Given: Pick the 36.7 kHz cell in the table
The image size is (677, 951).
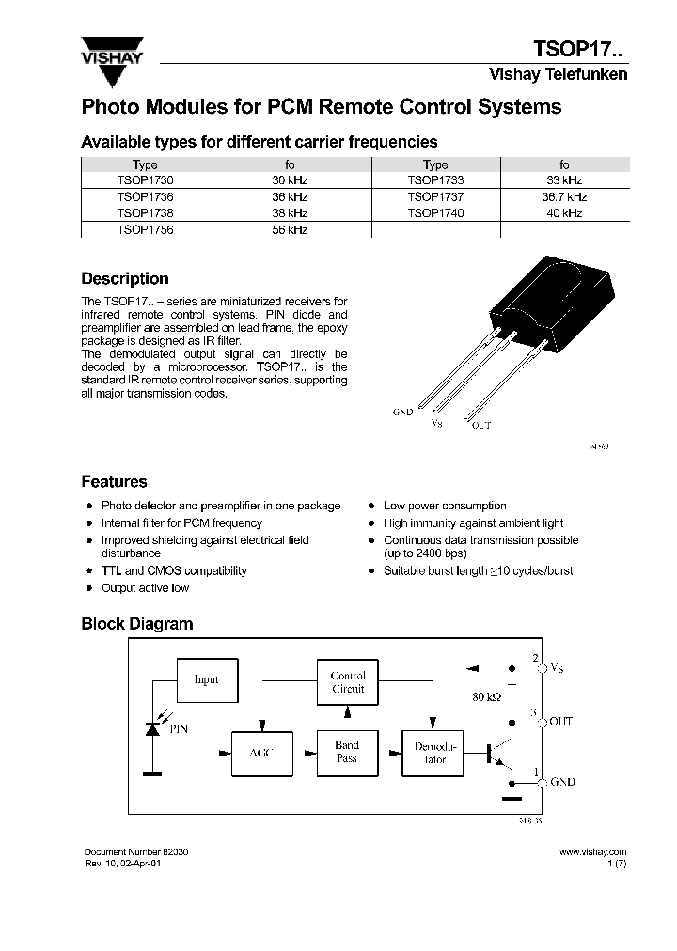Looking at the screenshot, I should click(564, 196).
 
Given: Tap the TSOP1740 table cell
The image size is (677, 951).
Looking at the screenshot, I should click(435, 213).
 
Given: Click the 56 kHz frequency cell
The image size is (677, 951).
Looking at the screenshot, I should click(290, 229).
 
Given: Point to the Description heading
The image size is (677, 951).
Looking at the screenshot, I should click(125, 279).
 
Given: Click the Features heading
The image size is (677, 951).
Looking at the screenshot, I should click(115, 482).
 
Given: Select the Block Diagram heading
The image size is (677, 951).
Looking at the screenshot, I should click(137, 624).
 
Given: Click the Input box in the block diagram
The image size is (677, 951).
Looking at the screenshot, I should click(206, 679).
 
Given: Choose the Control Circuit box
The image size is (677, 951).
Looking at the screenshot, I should click(347, 682).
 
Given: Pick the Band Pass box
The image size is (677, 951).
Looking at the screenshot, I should click(347, 752).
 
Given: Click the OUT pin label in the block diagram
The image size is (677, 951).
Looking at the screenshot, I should click(560, 721).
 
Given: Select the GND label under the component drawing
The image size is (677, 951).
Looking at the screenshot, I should click(402, 412).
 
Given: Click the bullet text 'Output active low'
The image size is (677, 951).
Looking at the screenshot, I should click(145, 588).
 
